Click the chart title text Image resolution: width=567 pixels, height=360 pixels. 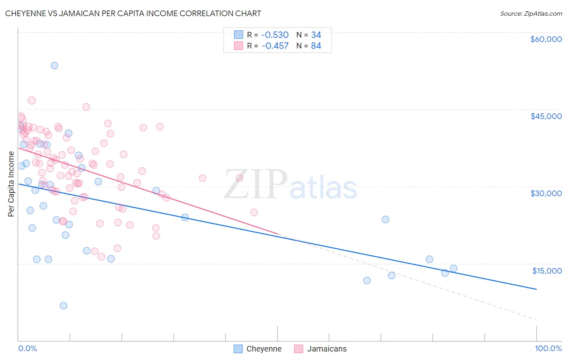click(x=133, y=13)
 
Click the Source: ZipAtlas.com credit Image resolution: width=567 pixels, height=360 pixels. click(x=531, y=13)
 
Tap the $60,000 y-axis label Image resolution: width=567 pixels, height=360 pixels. click(x=546, y=39)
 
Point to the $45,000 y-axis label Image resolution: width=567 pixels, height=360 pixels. click(x=546, y=116)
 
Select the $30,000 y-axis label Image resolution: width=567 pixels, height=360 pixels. click(x=546, y=193)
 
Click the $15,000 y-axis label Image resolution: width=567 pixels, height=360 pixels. click(x=547, y=270)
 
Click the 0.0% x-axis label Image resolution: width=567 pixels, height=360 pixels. click(x=27, y=348)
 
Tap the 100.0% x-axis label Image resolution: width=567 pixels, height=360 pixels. click(x=548, y=348)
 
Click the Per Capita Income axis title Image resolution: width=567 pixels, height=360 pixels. click(x=11, y=184)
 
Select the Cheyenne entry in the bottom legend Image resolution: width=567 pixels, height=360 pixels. click(x=264, y=349)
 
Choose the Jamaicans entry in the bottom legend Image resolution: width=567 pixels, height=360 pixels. click(x=327, y=349)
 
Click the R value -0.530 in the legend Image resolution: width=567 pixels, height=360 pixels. click(x=275, y=35)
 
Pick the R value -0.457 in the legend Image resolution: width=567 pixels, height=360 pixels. click(x=275, y=46)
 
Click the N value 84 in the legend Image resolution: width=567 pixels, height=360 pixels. click(x=316, y=46)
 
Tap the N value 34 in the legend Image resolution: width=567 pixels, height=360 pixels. click(x=316, y=35)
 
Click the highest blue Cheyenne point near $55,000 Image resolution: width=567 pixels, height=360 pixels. click(x=54, y=65)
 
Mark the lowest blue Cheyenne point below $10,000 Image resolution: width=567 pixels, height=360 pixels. click(x=63, y=306)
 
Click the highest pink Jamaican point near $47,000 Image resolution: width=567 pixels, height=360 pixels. click(x=32, y=100)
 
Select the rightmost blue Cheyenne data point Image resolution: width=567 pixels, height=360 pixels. click(x=454, y=268)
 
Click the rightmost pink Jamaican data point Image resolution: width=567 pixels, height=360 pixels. click(x=254, y=212)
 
